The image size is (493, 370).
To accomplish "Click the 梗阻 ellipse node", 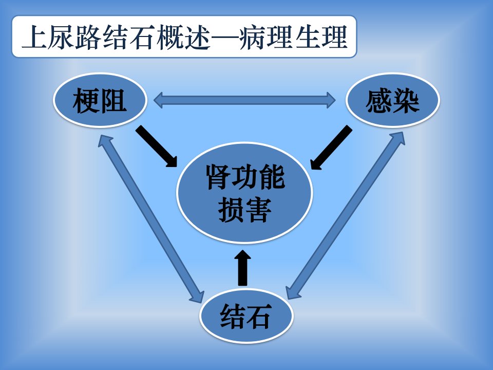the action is pyautogui.click(x=100, y=100).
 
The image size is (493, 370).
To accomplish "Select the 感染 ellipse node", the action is pyautogui.click(x=393, y=100).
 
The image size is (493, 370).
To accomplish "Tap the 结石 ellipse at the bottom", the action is pyautogui.click(x=246, y=316).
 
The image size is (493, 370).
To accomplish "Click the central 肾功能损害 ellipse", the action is pyautogui.click(x=244, y=193).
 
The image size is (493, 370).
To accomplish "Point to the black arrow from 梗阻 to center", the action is pyautogui.click(x=157, y=146).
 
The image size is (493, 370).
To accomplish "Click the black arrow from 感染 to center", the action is pyautogui.click(x=331, y=147).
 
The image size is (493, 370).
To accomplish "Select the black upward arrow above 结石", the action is pyautogui.click(x=242, y=267).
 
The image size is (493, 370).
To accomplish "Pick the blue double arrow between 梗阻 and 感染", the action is pyautogui.click(x=244, y=100).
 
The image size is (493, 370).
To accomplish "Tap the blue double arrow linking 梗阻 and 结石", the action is pyautogui.click(x=151, y=218).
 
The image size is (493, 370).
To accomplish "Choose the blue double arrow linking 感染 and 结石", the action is pyautogui.click(x=346, y=215).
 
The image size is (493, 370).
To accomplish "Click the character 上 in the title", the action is pyautogui.click(x=34, y=37).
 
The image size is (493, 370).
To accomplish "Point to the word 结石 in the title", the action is pyautogui.click(x=129, y=37).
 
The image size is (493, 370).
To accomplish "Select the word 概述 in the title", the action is pyautogui.click(x=183, y=37).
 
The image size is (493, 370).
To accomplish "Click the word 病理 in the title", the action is pyautogui.click(x=265, y=37).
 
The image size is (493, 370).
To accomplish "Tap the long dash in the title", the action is pyautogui.click(x=224, y=38).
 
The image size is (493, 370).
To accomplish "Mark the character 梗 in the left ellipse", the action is pyautogui.click(x=86, y=101).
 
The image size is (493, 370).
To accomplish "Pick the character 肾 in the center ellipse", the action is pyautogui.click(x=219, y=177).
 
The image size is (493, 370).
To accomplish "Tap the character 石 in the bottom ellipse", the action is pyautogui.click(x=259, y=316).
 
